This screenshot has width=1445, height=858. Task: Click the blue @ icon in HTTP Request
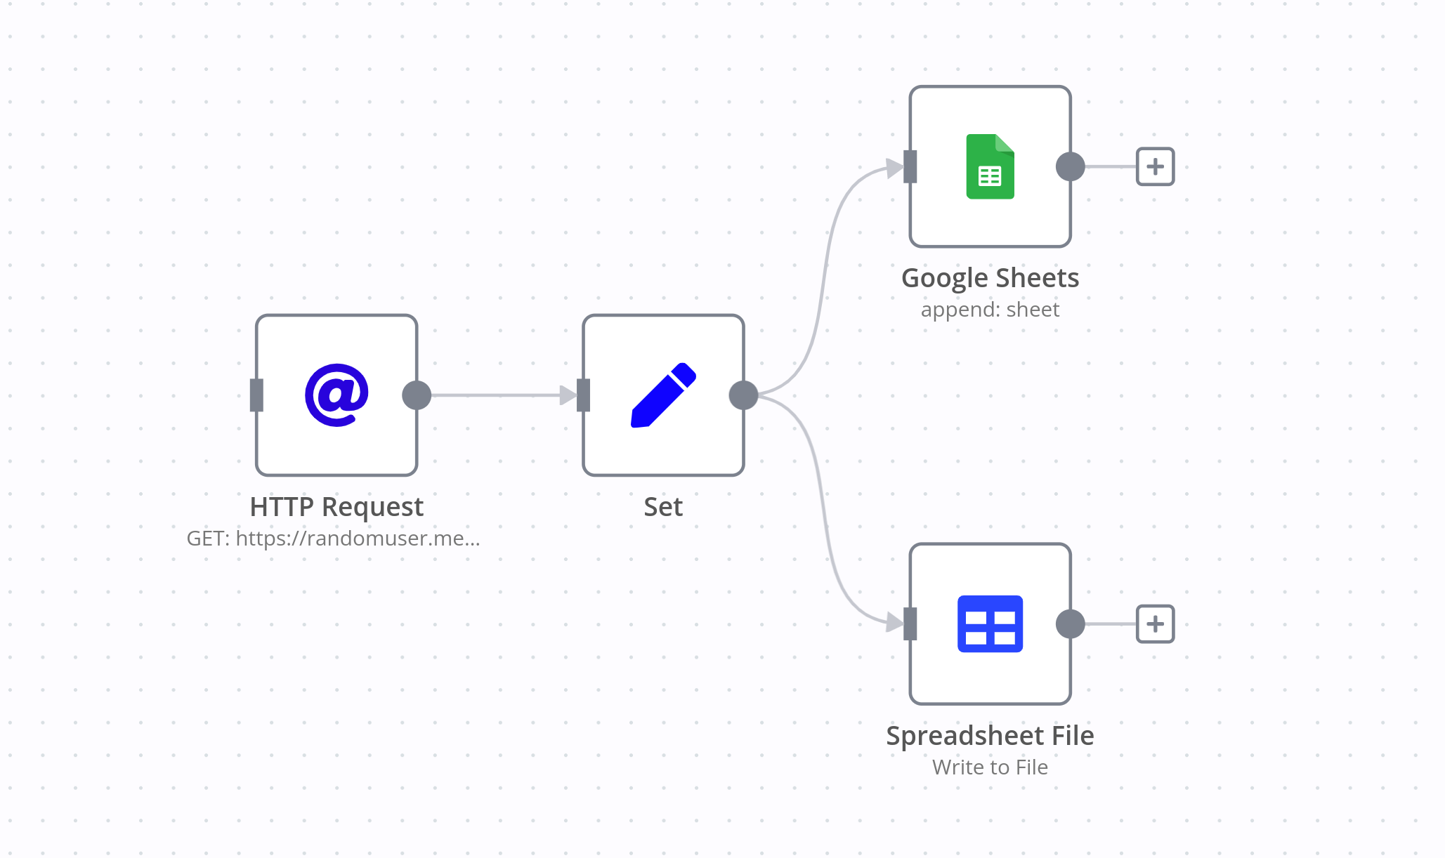coord(336,395)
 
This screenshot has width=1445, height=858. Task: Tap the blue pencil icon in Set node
coord(663,395)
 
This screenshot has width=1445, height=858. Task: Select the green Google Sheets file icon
coord(990,166)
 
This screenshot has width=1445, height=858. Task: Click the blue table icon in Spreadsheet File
coord(990,623)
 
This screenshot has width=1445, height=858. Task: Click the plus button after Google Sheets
coord(1155,166)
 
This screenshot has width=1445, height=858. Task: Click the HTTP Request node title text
coord(336,506)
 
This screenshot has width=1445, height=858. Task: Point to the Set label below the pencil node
coord(663,506)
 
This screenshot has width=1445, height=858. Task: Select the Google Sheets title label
coord(990,278)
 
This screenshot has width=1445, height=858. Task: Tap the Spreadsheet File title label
coord(990,735)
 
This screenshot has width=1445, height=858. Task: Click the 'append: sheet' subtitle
coord(990,310)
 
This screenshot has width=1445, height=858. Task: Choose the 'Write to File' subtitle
coord(990,767)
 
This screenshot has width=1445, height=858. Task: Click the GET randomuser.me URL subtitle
coord(334,539)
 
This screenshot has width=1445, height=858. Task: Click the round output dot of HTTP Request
coord(417,395)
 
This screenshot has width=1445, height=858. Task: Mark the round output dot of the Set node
coord(743,395)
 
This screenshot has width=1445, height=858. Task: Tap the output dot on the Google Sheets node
coord(1070,166)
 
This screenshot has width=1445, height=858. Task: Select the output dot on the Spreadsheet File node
coord(1070,623)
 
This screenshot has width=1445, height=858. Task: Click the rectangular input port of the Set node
coord(583,395)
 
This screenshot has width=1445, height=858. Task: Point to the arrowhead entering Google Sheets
coord(894,168)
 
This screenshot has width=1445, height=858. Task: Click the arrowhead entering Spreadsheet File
coord(894,622)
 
